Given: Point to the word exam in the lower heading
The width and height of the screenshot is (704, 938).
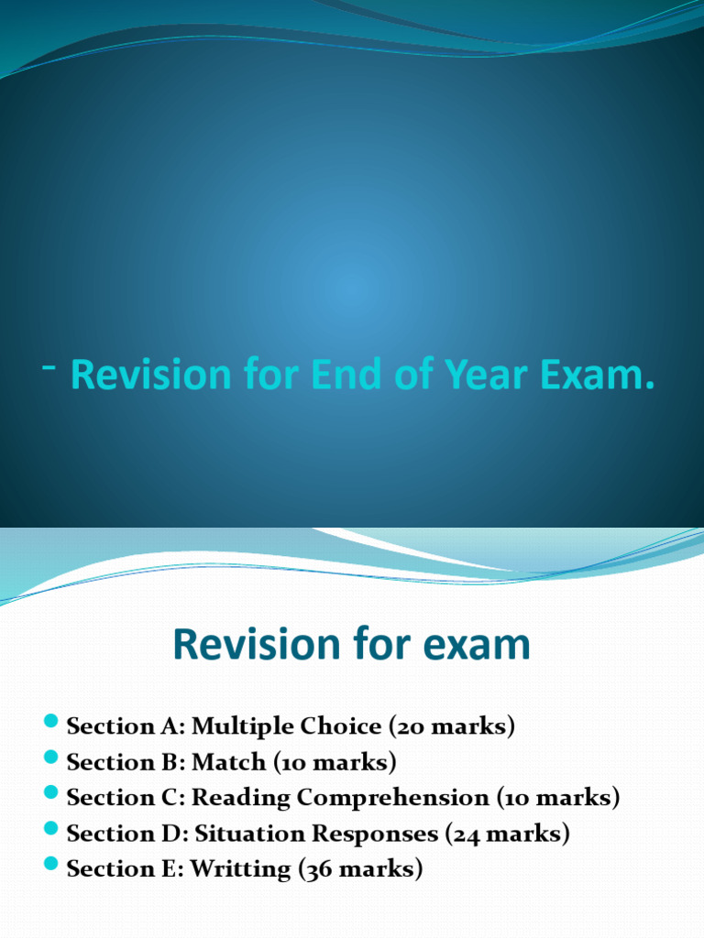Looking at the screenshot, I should click(x=474, y=646).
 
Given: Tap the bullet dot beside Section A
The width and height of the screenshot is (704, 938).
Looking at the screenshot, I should click(x=51, y=725).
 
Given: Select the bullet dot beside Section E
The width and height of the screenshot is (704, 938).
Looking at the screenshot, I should click(x=51, y=867).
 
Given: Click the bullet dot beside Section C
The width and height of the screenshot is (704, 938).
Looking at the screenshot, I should click(x=51, y=796).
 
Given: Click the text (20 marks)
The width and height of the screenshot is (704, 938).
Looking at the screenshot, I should click(x=452, y=726).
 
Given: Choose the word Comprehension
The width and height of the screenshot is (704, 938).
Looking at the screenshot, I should click(x=394, y=798).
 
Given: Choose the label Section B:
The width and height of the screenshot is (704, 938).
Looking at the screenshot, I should click(x=126, y=762).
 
